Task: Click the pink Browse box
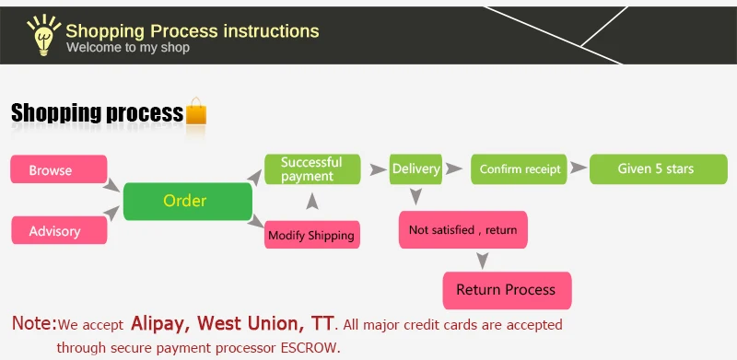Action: [59, 169]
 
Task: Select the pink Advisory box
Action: [59, 230]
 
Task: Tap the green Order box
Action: [188, 201]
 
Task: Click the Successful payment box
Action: [312, 169]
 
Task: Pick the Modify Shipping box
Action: [312, 235]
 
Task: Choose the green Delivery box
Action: [415, 169]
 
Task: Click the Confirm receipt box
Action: [519, 169]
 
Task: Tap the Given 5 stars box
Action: [659, 169]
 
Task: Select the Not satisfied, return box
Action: [463, 230]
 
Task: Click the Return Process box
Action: [508, 290]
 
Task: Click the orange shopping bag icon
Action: [196, 111]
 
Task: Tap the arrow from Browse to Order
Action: [111, 185]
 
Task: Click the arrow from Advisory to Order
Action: [111, 213]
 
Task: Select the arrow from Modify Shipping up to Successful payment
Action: [312, 201]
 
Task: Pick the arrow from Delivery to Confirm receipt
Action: [454, 168]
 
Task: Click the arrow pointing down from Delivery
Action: [415, 196]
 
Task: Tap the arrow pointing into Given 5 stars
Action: [579, 168]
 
